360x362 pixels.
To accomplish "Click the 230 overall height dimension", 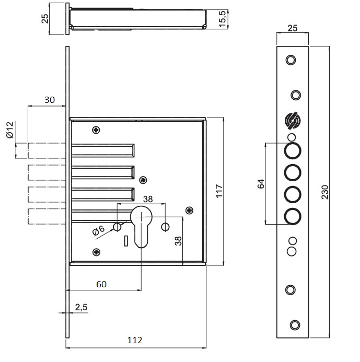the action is coord(325,192).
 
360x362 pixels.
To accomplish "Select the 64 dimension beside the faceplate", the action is coord(261,183).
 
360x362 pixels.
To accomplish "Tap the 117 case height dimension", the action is coord(219,191).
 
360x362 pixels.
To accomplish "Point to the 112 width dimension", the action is coord(135,340).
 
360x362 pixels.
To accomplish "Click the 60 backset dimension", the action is coord(101,284).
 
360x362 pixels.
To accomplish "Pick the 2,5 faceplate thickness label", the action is coord(82,307).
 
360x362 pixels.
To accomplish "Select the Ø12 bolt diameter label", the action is coord(10,130).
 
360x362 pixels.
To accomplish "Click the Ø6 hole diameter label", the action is coord(98,230).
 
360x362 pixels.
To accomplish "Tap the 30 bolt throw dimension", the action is coord(50,100).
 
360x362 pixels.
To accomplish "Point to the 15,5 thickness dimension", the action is coord(223,19).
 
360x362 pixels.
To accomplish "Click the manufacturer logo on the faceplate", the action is coord(293,121).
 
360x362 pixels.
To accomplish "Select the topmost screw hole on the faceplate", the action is coord(291,60).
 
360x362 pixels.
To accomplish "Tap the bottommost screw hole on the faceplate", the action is coord(295,325).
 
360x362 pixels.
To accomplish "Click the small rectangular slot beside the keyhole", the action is coord(126,241).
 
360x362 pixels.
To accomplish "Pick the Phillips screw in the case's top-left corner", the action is coord(96,130).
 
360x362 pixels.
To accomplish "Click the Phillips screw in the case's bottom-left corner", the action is coord(96,252).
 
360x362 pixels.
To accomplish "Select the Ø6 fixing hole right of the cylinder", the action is coord(165,227).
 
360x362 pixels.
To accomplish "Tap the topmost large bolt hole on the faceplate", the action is coord(293,151).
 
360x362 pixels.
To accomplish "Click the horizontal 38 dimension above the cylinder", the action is coord(148,199).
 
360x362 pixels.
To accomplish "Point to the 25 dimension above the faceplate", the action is coord(293,28).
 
